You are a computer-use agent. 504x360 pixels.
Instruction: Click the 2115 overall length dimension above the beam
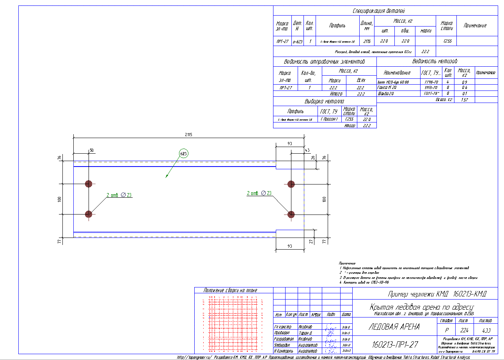(189, 135)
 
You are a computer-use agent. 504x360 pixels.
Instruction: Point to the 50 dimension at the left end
(92, 150)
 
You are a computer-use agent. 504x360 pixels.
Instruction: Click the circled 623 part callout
(184, 153)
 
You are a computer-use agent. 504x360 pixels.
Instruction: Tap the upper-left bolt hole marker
(89, 184)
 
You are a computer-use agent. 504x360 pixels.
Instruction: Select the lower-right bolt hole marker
(291, 214)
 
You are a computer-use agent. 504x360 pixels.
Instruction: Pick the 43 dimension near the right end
(307, 150)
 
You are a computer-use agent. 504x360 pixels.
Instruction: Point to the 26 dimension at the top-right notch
(313, 158)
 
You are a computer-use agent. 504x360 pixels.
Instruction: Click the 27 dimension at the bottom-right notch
(311, 241)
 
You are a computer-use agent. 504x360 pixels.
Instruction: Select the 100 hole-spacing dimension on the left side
(60, 199)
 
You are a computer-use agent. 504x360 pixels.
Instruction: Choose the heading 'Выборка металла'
(325, 102)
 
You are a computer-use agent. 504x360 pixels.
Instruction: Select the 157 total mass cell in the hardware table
(464, 100)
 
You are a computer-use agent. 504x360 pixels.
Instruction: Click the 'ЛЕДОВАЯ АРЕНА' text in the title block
(394, 327)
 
